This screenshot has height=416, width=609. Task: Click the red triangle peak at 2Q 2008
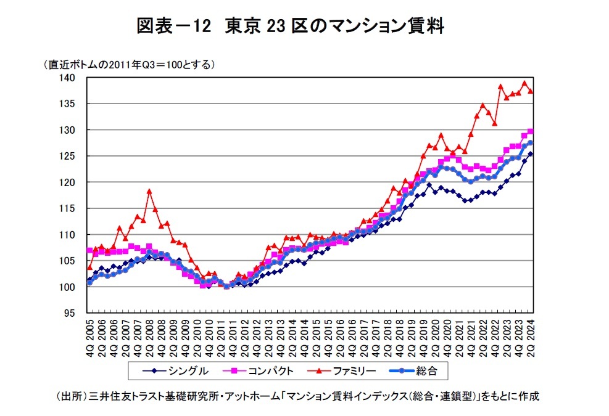click(x=149, y=192)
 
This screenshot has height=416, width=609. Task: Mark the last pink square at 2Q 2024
click(x=531, y=131)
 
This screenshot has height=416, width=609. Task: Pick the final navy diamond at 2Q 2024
click(x=531, y=154)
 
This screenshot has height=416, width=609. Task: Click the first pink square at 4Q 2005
click(x=90, y=251)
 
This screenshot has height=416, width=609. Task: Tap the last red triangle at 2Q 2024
click(x=531, y=91)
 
